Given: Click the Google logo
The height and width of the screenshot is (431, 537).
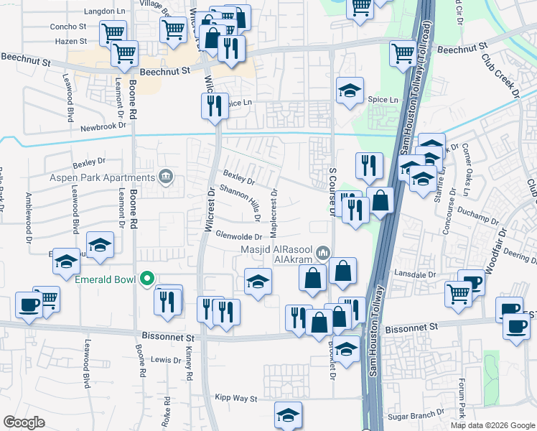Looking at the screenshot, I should [24, 422].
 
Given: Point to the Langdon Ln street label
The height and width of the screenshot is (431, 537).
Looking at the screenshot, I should [105, 11].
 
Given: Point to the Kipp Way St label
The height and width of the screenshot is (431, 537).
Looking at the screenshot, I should [236, 397].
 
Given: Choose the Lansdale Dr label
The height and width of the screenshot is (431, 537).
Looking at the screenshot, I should [416, 274].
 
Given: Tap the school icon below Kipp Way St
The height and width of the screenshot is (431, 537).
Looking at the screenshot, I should [288, 415].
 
